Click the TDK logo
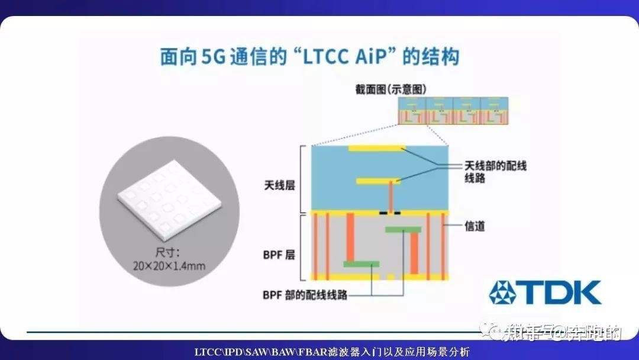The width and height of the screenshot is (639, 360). tap(544, 292)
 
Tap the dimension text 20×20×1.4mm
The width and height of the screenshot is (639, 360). tap(169, 266)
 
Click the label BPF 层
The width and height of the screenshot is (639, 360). tap(279, 256)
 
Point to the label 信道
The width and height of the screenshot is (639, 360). tap(475, 226)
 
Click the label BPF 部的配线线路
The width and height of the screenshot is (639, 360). tap(305, 294)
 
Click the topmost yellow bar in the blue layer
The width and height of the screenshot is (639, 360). tap(376, 147)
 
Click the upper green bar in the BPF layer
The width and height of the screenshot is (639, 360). tap(403, 229)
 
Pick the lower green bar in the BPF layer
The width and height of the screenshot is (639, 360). tap(361, 263)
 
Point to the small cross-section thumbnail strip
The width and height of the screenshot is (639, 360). tap(453, 110)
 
